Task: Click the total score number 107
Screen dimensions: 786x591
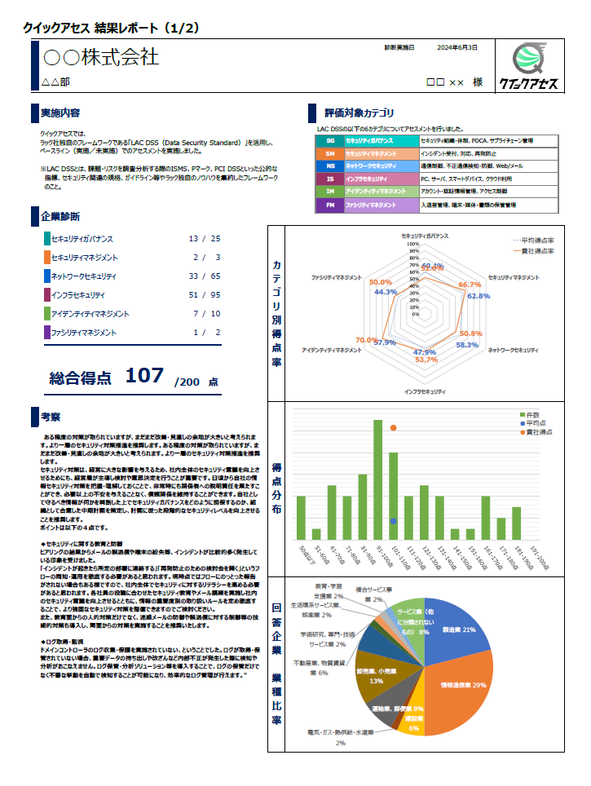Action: click(144, 376)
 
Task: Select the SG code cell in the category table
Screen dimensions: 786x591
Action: click(330, 141)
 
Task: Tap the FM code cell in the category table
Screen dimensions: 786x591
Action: click(330, 206)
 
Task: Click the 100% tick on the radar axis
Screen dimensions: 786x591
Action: click(412, 244)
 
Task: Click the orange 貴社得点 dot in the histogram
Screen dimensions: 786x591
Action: click(393, 428)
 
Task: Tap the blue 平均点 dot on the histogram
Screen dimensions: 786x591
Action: click(393, 521)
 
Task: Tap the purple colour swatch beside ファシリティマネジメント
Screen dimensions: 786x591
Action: click(46, 332)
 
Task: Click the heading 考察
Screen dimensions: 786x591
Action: click(51, 417)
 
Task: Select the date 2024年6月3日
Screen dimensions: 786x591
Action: click(457, 48)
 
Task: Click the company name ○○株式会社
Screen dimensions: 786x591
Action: click(100, 58)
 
